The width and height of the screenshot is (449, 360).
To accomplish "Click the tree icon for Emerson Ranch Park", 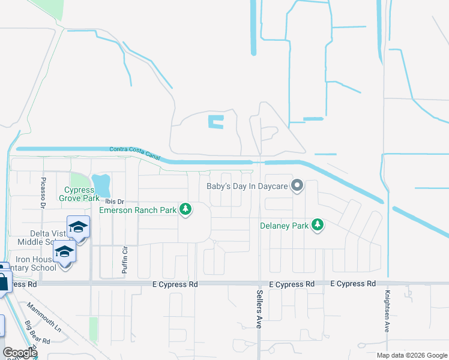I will click(186, 209).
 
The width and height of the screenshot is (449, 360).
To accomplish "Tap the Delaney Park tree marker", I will click(318, 226).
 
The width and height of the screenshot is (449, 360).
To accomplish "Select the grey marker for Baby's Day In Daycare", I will click(297, 185).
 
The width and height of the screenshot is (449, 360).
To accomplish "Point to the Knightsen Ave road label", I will click(387, 312).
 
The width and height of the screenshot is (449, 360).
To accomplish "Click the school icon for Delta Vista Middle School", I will click(78, 227).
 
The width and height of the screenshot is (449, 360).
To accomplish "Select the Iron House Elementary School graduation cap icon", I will click(64, 251).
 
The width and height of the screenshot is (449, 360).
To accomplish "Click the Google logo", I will click(20, 353).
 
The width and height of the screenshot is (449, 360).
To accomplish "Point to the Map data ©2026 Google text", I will click(412, 355).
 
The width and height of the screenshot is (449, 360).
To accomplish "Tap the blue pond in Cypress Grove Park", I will click(101, 181).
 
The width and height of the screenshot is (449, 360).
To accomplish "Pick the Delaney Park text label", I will click(283, 226).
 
